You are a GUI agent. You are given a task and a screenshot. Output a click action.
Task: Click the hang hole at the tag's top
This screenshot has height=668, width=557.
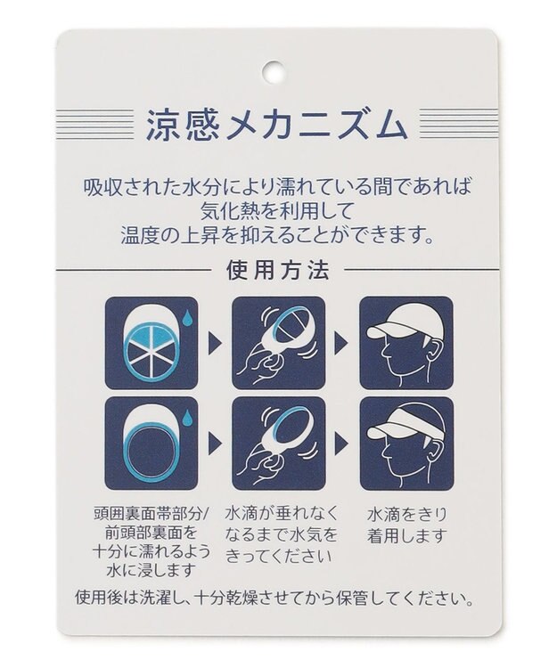tap(273, 71)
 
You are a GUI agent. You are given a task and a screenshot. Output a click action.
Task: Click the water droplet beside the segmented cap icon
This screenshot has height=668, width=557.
tap(185, 315)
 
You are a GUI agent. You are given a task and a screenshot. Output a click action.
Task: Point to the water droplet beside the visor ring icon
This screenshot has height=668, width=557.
tap(185, 417)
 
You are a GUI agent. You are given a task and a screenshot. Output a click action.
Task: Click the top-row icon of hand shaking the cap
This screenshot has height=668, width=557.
tap(279, 343)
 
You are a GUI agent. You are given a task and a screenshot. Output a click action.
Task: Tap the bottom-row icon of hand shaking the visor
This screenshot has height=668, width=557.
tap(279, 444)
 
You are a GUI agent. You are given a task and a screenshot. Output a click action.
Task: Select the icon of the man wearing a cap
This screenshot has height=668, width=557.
tap(406, 343)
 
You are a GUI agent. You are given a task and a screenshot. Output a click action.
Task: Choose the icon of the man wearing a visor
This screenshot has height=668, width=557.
tap(406, 444)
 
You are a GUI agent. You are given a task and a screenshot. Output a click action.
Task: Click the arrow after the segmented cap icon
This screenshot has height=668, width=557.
tap(215, 343)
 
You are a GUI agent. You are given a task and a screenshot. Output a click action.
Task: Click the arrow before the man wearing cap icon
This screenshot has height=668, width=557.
tap(341, 343)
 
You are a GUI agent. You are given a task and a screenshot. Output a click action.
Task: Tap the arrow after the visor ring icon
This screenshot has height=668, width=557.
tap(215, 444)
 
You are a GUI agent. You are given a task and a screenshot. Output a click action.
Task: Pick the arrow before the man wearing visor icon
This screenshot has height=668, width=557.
tap(341, 444)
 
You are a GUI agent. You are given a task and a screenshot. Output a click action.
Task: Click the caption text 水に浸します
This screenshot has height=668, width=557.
tap(152, 570)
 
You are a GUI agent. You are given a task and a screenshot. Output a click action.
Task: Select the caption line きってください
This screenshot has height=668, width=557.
tap(279, 556)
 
